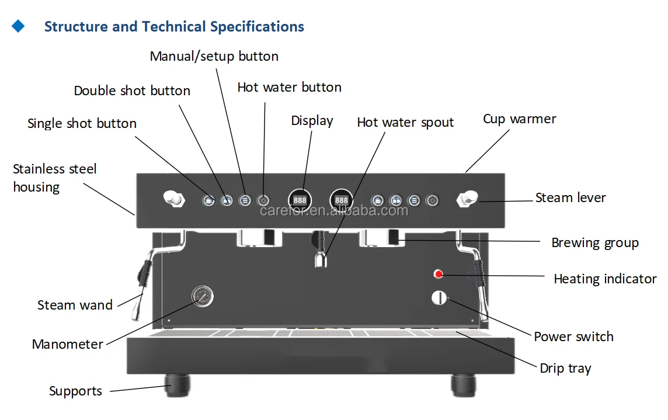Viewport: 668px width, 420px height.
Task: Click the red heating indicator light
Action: click(439, 274)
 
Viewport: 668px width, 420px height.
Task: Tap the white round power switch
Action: click(439, 297)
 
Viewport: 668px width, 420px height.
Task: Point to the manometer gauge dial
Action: click(202, 296)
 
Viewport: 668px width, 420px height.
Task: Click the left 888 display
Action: click(300, 200)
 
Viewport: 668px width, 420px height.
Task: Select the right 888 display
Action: click(342, 200)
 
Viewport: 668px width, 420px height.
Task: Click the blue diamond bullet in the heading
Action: click(19, 26)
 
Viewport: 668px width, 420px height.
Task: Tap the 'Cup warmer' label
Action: click(519, 119)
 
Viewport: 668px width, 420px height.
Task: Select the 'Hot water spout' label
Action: click(405, 123)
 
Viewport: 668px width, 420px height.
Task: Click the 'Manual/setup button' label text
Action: click(214, 57)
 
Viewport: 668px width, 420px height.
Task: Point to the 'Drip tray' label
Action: click(565, 369)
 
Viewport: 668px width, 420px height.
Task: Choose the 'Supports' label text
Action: click(75, 391)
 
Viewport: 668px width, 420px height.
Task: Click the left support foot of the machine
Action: click(177, 384)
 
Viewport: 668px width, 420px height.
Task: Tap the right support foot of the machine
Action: click(464, 384)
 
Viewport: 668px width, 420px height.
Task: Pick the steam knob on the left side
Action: click(172, 199)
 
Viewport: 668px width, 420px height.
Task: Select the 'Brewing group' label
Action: click(594, 243)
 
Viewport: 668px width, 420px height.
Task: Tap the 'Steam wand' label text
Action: click(75, 305)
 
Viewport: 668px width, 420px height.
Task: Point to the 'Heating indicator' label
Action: click(605, 279)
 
